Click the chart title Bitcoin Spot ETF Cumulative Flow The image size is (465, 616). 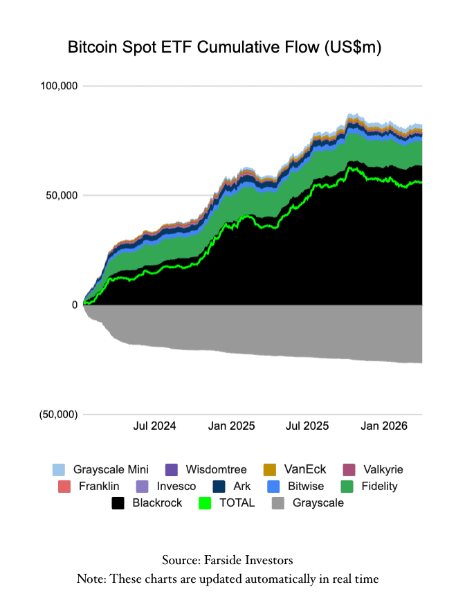(225, 48)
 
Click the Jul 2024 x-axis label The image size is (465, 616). (154, 426)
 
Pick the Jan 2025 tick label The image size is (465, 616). (231, 426)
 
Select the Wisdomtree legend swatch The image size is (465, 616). (173, 469)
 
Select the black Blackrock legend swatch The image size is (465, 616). (118, 502)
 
